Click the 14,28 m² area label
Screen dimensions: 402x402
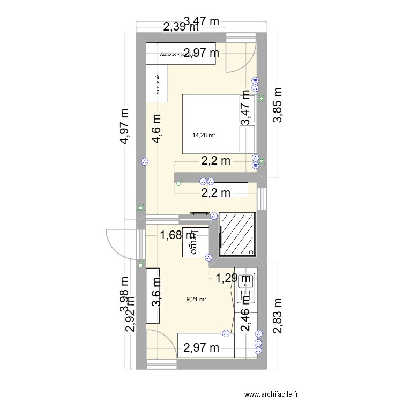click(x=204, y=135)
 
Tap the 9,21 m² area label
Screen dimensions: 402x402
click(x=197, y=300)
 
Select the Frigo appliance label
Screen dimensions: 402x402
click(x=193, y=242)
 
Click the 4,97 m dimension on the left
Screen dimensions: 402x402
click(x=125, y=126)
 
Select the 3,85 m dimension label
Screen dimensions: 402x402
click(x=278, y=105)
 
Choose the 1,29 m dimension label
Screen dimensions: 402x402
click(x=233, y=278)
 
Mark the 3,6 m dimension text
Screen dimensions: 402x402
click(x=156, y=292)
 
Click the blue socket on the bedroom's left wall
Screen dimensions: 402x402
click(x=143, y=161)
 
